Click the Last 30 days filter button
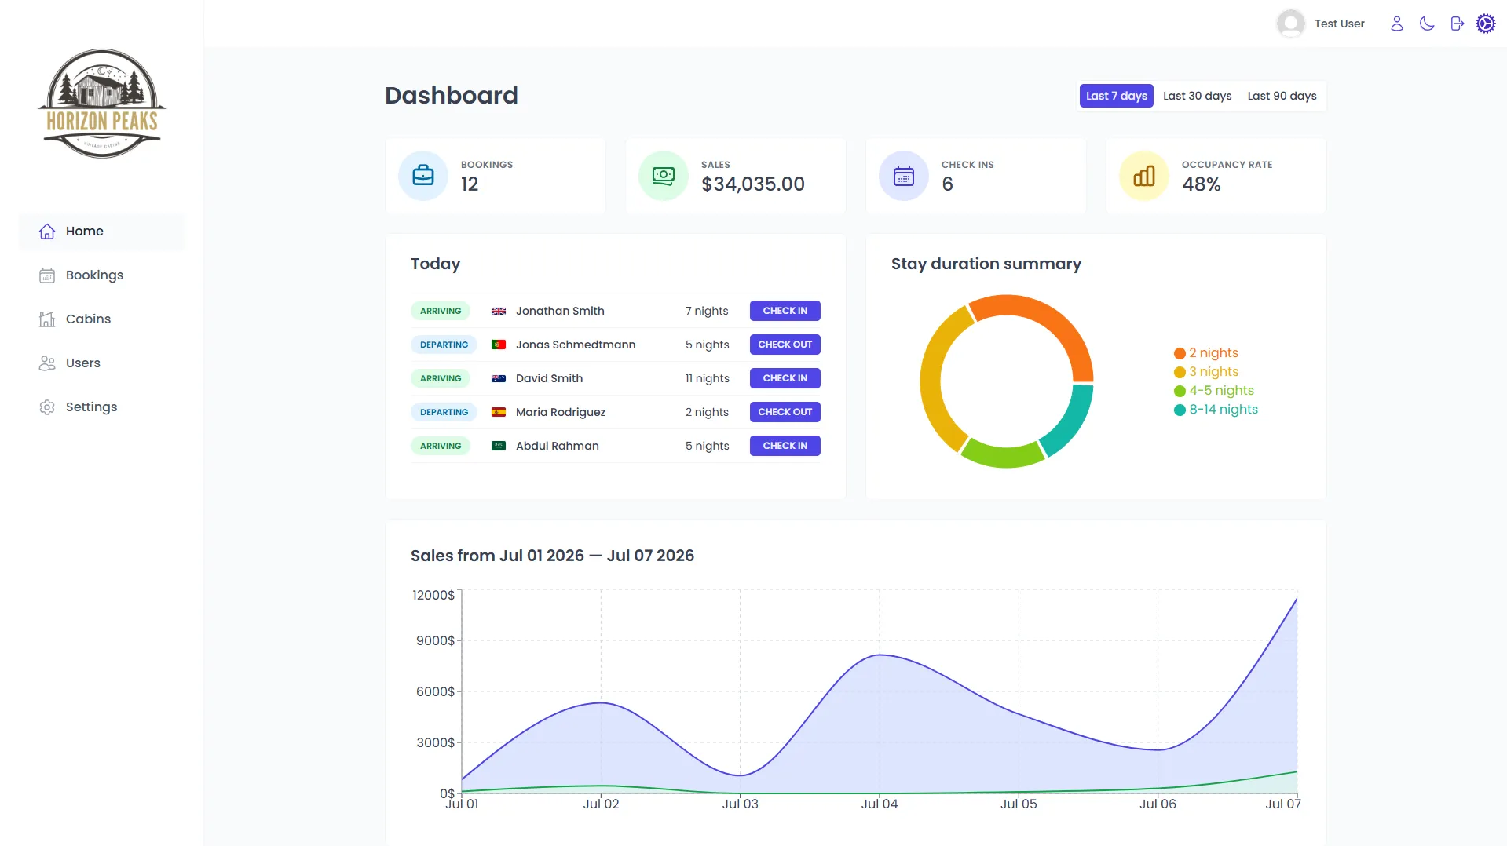[x=1197, y=96]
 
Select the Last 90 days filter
[x=1282, y=96]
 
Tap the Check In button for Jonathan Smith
[x=785, y=311]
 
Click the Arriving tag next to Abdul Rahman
[x=441, y=446]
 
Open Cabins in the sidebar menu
[x=88, y=319]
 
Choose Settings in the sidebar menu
[x=91, y=407]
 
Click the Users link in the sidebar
[x=83, y=363]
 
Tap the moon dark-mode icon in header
[x=1427, y=24]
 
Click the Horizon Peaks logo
[x=102, y=104]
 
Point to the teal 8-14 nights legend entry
[x=1216, y=410]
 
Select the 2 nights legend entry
[x=1205, y=353]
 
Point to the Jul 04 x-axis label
[x=880, y=804]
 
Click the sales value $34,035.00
[x=752, y=184]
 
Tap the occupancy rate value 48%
[x=1201, y=184]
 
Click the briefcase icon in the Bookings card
[x=423, y=176]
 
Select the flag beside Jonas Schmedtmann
[x=498, y=345]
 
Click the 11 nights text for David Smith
[x=707, y=378]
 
